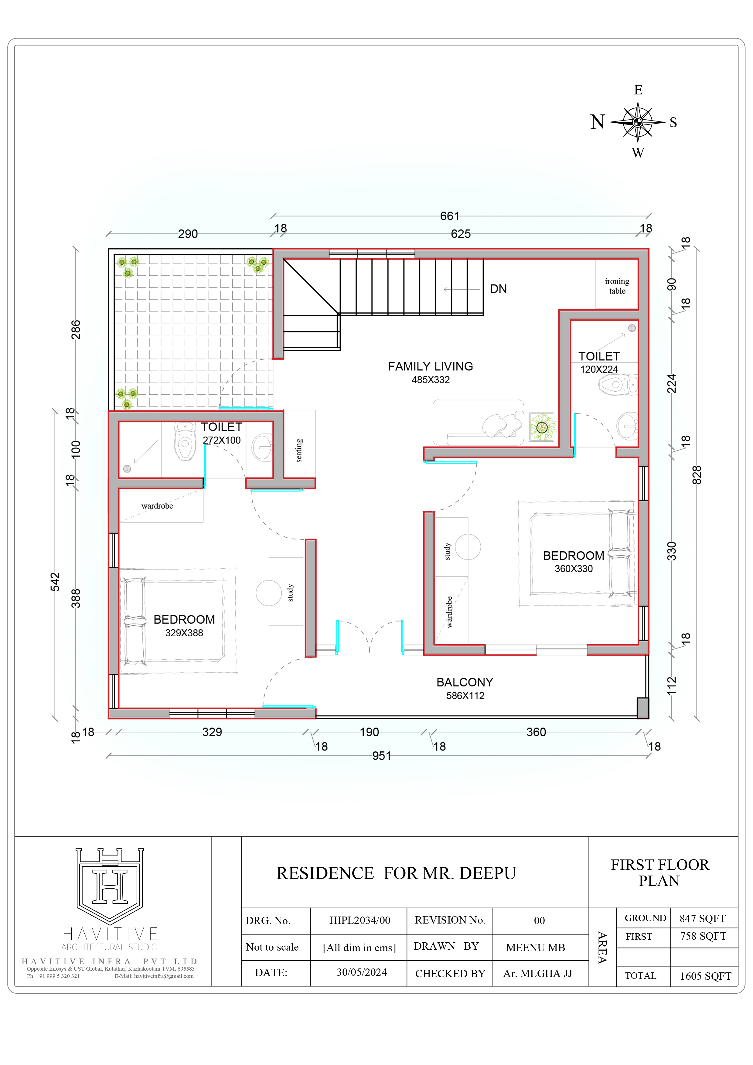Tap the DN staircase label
498,289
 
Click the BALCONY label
465,682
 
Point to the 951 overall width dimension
381,756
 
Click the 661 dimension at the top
450,216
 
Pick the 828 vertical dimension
697,475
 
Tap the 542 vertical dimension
55,582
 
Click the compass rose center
638,122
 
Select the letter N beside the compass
598,122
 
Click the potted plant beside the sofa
542,427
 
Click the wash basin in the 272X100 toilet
262,447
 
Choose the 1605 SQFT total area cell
705,976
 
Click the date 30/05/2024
361,972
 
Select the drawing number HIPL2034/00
359,920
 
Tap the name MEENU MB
535,948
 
